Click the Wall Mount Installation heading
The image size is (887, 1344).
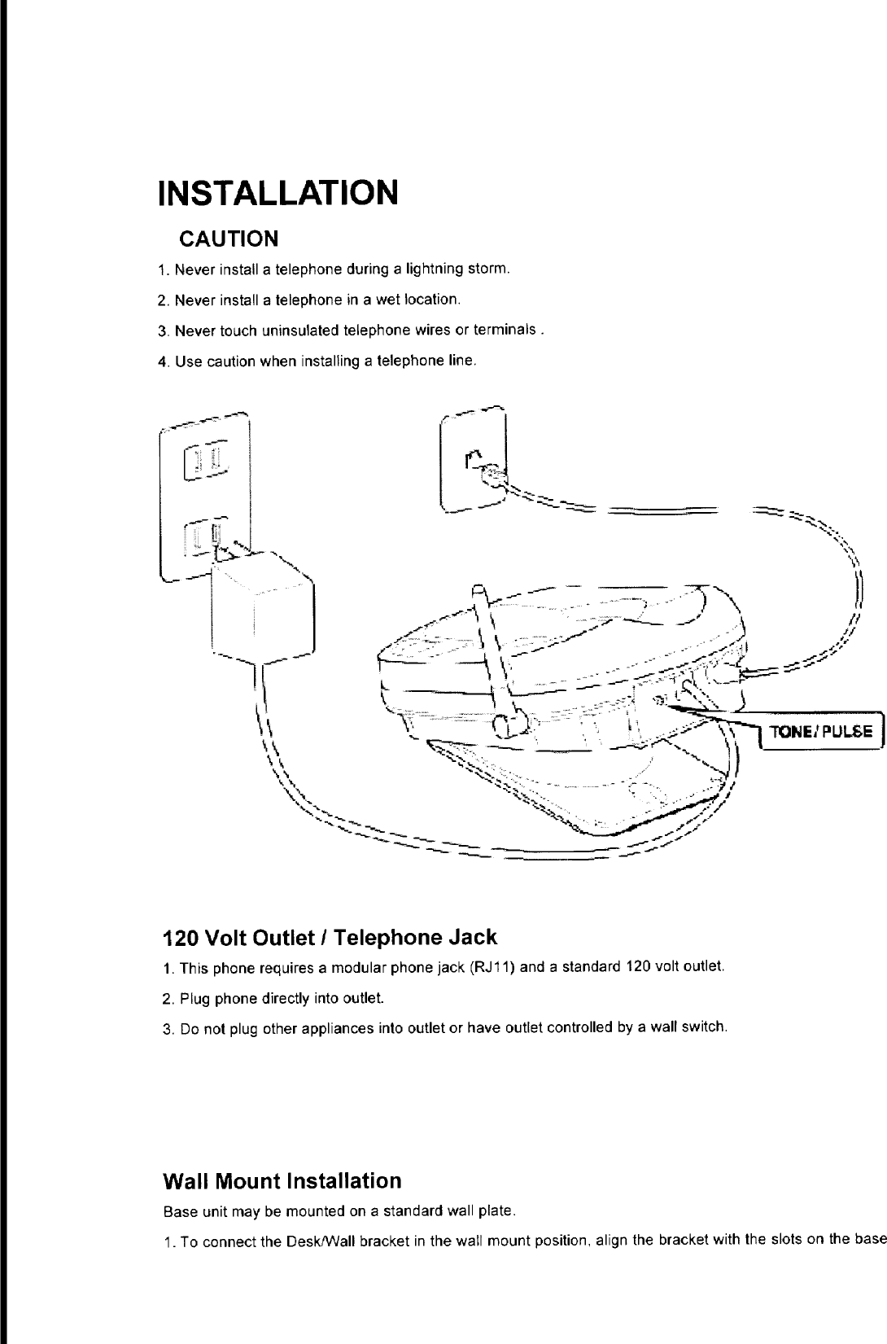coord(282,1180)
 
